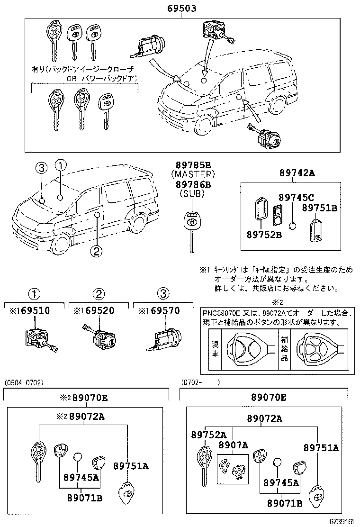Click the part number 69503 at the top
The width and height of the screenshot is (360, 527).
(x=182, y=9)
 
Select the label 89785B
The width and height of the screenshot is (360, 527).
(x=193, y=165)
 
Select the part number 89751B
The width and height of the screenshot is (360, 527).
(x=319, y=208)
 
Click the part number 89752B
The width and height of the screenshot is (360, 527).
(x=264, y=233)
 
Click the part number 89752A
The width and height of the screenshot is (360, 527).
(x=209, y=435)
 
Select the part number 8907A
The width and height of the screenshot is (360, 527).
(x=233, y=445)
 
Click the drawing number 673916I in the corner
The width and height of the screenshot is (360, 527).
(x=340, y=521)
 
